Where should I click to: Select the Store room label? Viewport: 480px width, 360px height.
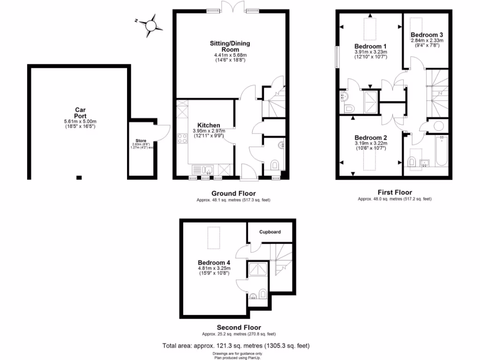coord(141,140)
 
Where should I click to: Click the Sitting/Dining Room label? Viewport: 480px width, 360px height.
coord(230,46)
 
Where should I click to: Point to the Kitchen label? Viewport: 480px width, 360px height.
coord(208,125)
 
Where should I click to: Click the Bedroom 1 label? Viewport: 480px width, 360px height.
coord(370,46)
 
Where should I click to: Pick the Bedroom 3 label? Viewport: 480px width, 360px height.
coord(427,35)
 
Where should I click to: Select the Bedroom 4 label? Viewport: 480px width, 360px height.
coord(214,262)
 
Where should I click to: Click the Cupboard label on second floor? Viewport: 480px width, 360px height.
coord(270,232)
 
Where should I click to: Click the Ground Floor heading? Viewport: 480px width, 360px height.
coord(233,193)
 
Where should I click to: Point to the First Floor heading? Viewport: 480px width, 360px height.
coord(395,192)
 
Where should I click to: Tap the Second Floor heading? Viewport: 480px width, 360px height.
coord(239,327)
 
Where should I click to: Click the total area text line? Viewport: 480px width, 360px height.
coord(236,345)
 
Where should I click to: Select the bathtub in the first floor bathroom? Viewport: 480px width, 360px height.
coord(442,151)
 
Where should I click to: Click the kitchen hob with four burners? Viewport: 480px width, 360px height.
coord(182,139)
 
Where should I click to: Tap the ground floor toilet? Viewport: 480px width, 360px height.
coord(275,165)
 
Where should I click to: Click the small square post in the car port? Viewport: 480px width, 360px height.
coord(79,178)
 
